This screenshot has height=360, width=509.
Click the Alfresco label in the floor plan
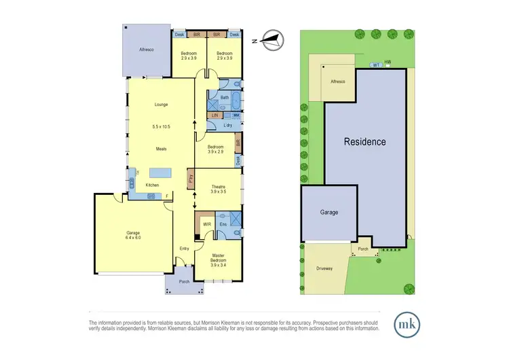point(147,50)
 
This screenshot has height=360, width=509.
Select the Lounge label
point(161,105)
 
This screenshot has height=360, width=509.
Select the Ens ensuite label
point(223,223)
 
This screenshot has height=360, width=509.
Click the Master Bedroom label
point(217,259)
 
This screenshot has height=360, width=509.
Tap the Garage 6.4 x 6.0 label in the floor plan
point(132,235)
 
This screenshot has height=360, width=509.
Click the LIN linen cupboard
point(214,116)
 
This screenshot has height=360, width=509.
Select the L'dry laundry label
point(227,126)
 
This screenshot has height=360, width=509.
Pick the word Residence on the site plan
point(364,142)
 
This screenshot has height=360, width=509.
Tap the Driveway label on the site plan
point(325,268)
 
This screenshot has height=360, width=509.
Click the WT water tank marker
point(375,65)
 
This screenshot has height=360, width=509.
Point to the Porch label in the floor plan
point(183,282)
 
